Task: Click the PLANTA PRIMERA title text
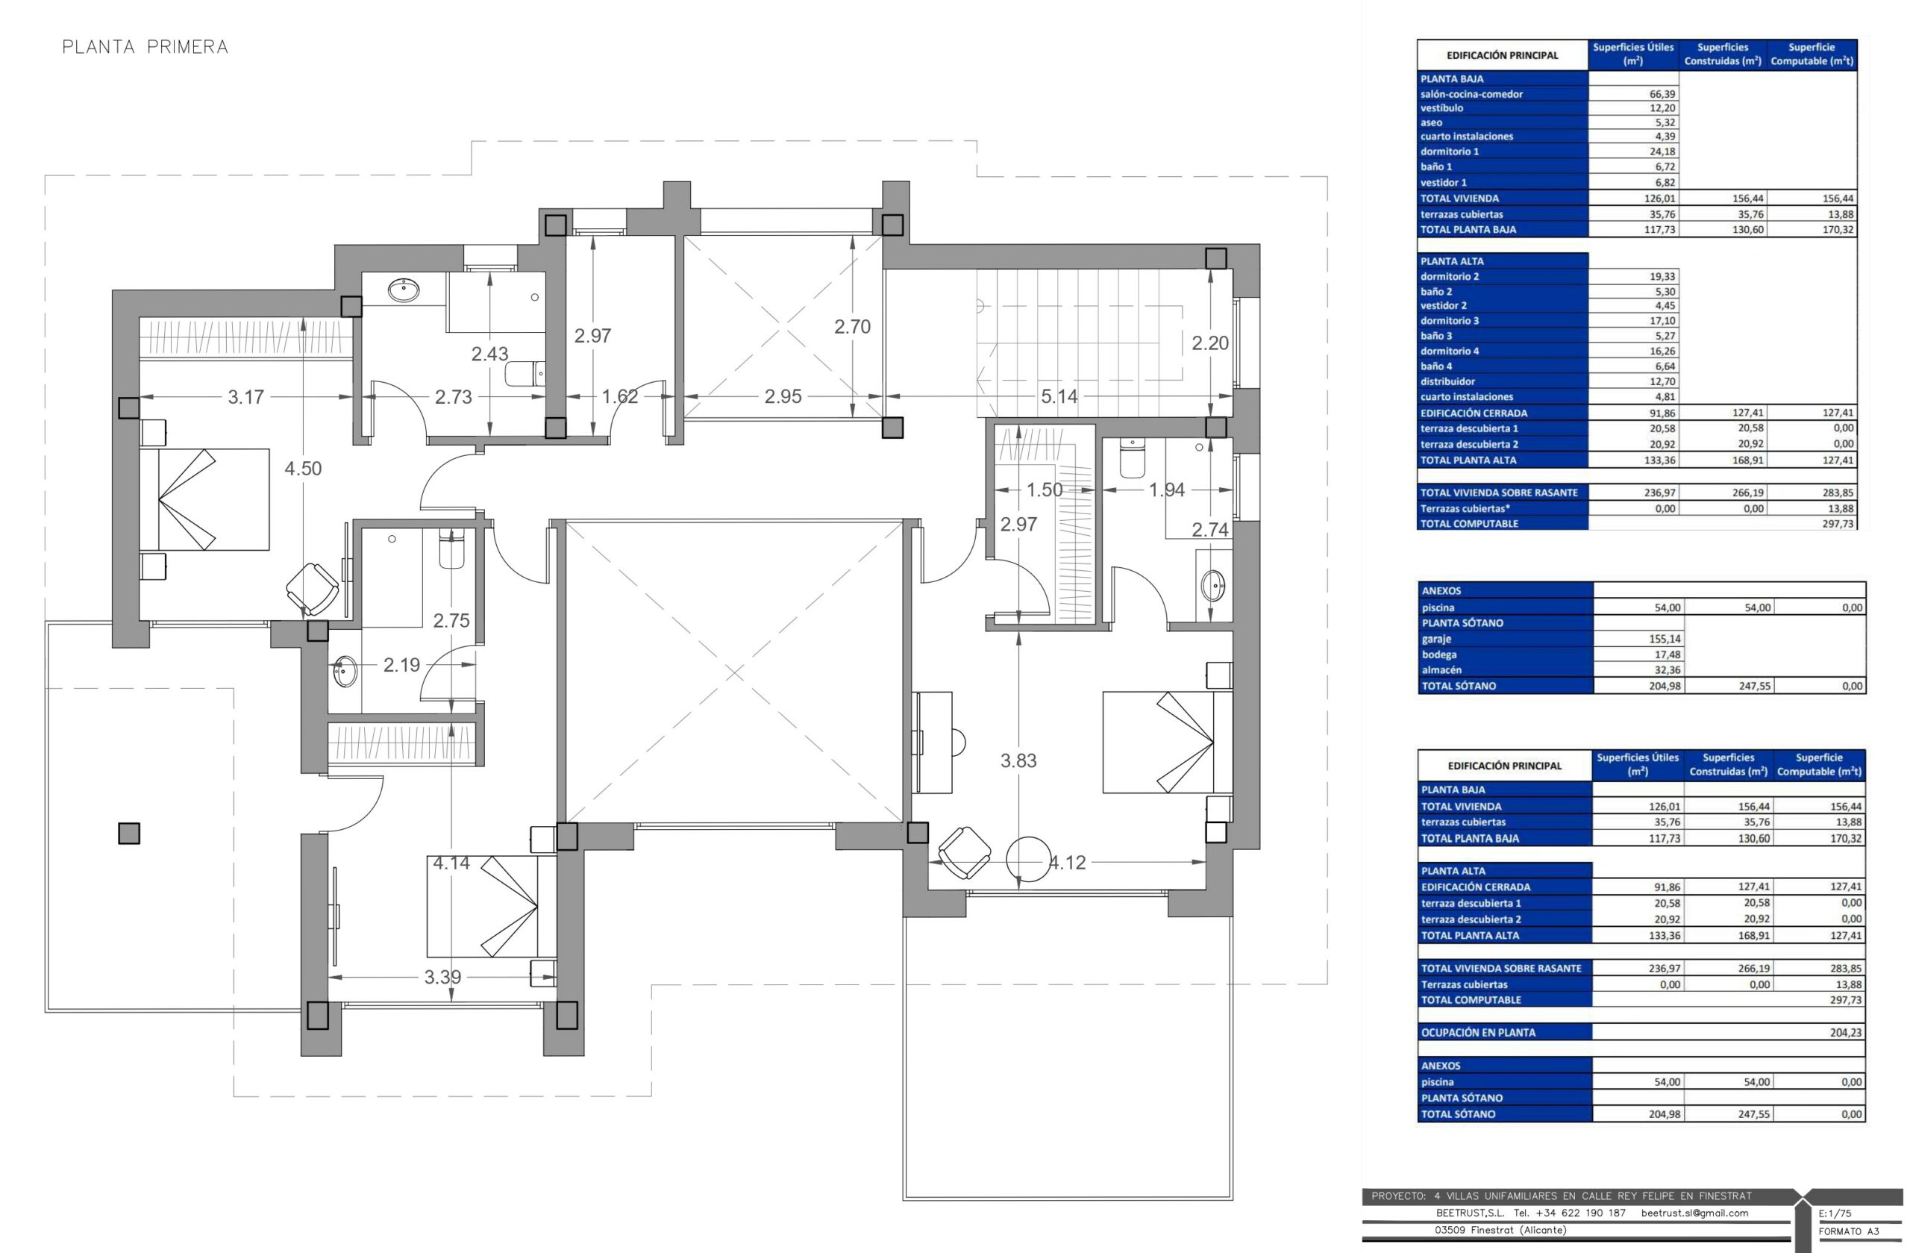[145, 47]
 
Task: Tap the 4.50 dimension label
[304, 469]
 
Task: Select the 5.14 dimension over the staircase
[1059, 396]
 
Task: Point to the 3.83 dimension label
[1018, 761]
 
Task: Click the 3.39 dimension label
[442, 978]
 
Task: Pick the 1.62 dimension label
[619, 396]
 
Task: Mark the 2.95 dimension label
[783, 396]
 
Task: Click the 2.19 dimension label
[401, 666]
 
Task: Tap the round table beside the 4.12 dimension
[1029, 860]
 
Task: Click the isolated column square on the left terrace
[129, 833]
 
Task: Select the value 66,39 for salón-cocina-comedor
[1662, 94]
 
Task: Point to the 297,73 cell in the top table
[1838, 524]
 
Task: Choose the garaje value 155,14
[1665, 640]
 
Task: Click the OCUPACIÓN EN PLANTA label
[1478, 1033]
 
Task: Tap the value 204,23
[1846, 1033]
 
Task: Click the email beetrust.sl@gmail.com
[1695, 1213]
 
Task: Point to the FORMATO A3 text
[1849, 1231]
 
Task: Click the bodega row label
[1440, 655]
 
